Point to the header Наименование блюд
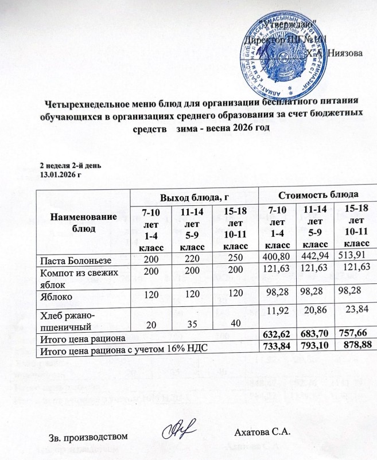[83, 221]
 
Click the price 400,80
[276, 262]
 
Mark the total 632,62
[276, 336]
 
